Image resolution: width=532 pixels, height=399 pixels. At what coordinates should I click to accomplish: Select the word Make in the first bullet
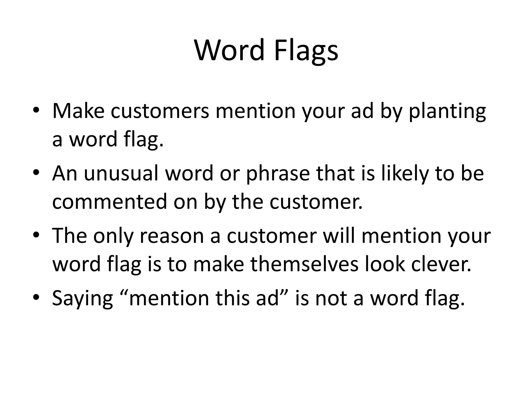click(x=78, y=111)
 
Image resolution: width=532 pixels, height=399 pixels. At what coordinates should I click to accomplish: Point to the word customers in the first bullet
click(x=160, y=111)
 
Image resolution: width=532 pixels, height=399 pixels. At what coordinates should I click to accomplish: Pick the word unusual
click(x=121, y=173)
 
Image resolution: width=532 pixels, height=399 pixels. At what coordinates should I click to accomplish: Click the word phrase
click(x=278, y=173)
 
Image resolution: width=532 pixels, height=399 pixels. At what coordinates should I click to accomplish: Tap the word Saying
click(x=83, y=298)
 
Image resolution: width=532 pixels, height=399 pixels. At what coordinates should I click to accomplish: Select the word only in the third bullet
click(x=113, y=236)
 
